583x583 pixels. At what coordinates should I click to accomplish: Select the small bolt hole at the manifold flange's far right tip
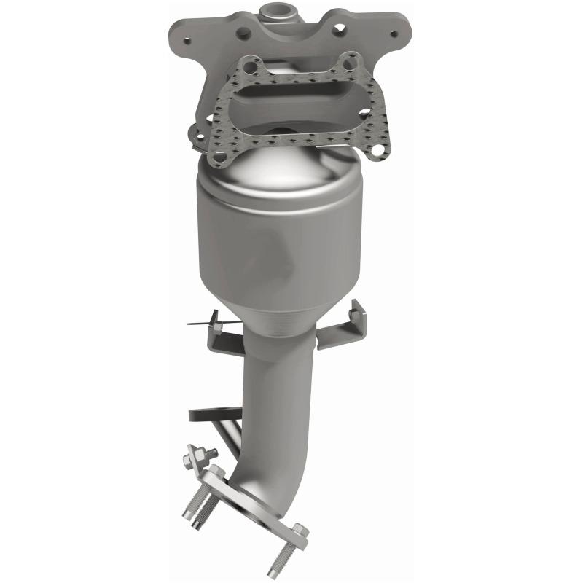394,33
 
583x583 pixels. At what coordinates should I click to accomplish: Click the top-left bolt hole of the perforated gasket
249,68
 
